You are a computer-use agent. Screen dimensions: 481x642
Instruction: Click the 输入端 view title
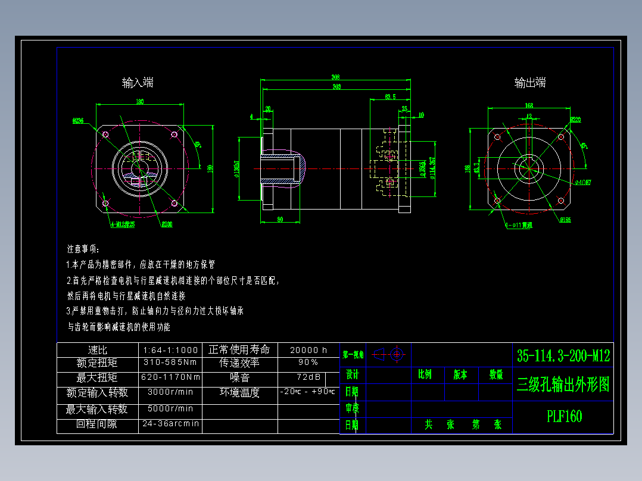pyautogui.click(x=138, y=83)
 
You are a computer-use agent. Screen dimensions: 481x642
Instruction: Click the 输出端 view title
pyautogui.click(x=530, y=83)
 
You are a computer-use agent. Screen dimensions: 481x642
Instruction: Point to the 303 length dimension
pyautogui.click(x=336, y=87)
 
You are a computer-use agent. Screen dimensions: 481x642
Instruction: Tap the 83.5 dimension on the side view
pyautogui.click(x=390, y=96)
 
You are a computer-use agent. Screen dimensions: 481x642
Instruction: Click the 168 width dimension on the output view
pyautogui.click(x=528, y=105)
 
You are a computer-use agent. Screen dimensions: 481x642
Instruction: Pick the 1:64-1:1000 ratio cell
pyautogui.click(x=170, y=350)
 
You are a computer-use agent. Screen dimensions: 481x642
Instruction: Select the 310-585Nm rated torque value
pyautogui.click(x=170, y=362)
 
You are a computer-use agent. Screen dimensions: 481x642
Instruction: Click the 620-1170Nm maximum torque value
pyautogui.click(x=170, y=377)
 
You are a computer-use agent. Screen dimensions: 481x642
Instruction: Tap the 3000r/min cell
pyautogui.click(x=170, y=392)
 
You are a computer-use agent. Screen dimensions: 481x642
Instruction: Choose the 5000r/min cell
pyautogui.click(x=170, y=409)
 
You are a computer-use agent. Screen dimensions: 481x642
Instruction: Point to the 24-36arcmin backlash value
pyautogui.click(x=170, y=424)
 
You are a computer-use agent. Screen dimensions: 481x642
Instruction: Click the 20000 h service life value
pyautogui.click(x=308, y=350)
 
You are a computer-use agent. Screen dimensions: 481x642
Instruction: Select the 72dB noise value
pyautogui.click(x=308, y=377)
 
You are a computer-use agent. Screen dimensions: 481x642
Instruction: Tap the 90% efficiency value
pyautogui.click(x=308, y=362)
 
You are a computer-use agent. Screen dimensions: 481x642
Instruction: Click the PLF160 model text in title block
pyautogui.click(x=564, y=416)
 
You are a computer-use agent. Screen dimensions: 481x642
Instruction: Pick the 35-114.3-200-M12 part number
pyautogui.click(x=563, y=356)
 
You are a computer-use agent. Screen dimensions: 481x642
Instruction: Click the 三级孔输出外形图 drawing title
pyautogui.click(x=563, y=385)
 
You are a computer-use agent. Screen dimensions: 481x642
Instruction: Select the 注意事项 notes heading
pyautogui.click(x=83, y=248)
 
